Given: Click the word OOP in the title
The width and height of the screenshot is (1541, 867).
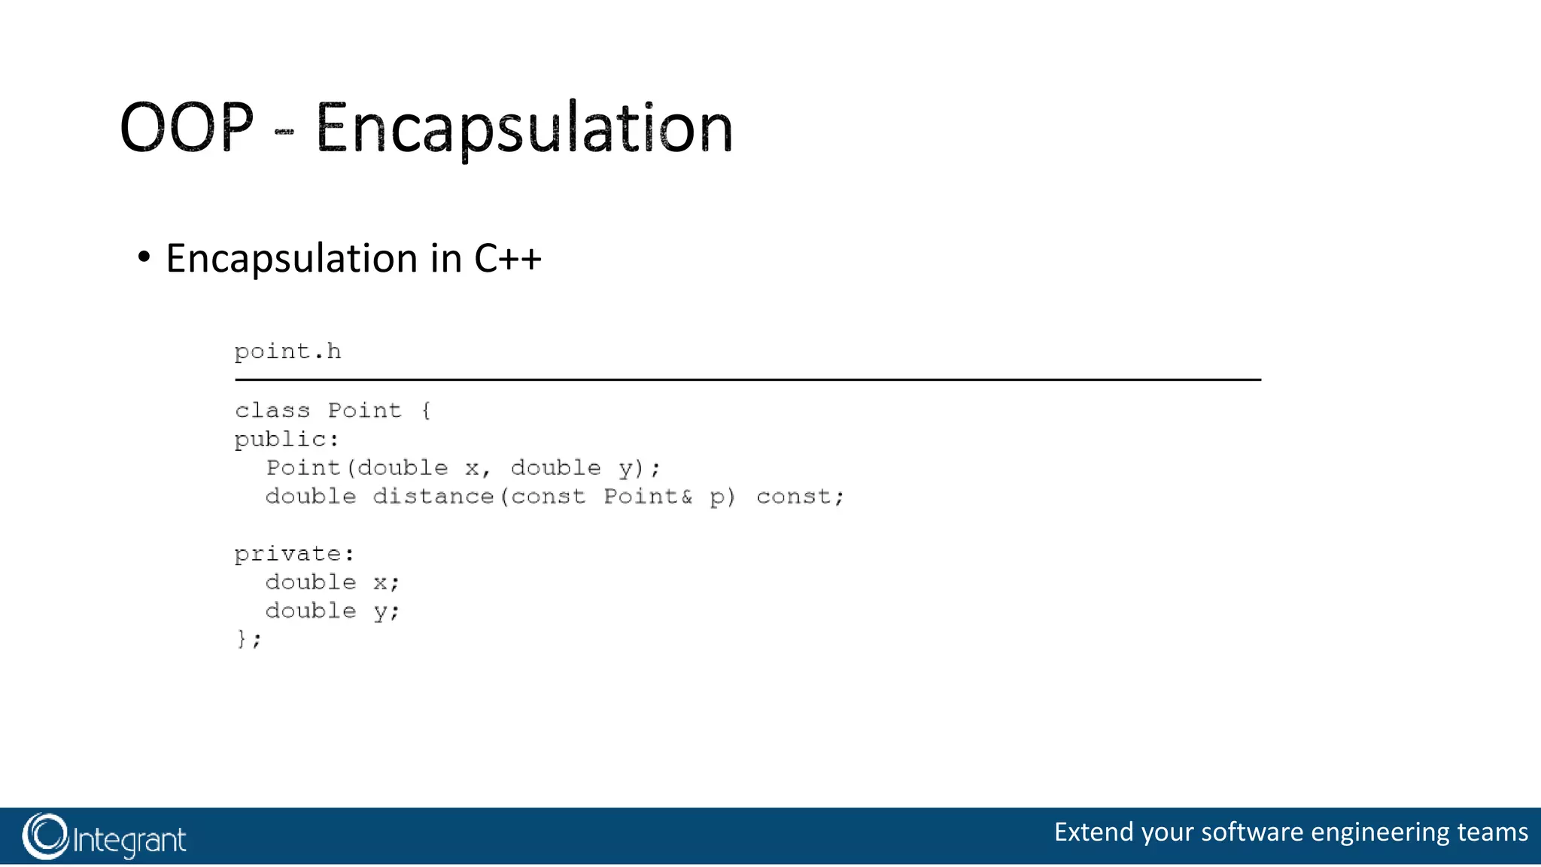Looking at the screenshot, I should pyautogui.click(x=187, y=127).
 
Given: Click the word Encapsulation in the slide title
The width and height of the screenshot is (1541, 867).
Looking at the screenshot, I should pyautogui.click(x=524, y=129).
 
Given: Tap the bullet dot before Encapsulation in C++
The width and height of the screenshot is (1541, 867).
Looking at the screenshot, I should pyautogui.click(x=144, y=257).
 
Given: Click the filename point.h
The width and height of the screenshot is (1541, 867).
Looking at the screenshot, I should pyautogui.click(x=287, y=351).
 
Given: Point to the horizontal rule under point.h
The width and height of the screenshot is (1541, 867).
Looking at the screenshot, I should pyautogui.click(x=747, y=380).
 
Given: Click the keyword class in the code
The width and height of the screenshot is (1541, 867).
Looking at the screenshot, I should pyautogui.click(x=272, y=410).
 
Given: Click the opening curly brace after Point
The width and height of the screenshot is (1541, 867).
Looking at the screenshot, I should pyautogui.click(x=426, y=410).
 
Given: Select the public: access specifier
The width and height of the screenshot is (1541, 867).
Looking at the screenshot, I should pyautogui.click(x=287, y=440).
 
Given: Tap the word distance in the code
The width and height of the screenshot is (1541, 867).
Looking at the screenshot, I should pyautogui.click(x=433, y=497).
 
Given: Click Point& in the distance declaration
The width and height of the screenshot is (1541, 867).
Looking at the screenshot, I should pyautogui.click(x=647, y=497).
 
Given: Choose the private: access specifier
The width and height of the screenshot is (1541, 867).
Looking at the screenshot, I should pyautogui.click(x=294, y=554).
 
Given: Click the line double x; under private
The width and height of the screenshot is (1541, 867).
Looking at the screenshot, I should pyautogui.click(x=332, y=583).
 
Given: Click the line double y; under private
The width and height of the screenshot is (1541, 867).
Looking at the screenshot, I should pyautogui.click(x=332, y=611).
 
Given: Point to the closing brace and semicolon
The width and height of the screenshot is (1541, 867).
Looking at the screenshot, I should pyautogui.click(x=248, y=639).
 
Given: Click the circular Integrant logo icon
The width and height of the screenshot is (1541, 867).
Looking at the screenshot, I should pyautogui.click(x=45, y=836).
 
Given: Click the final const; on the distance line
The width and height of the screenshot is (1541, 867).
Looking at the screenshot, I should pyautogui.click(x=800, y=497).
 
